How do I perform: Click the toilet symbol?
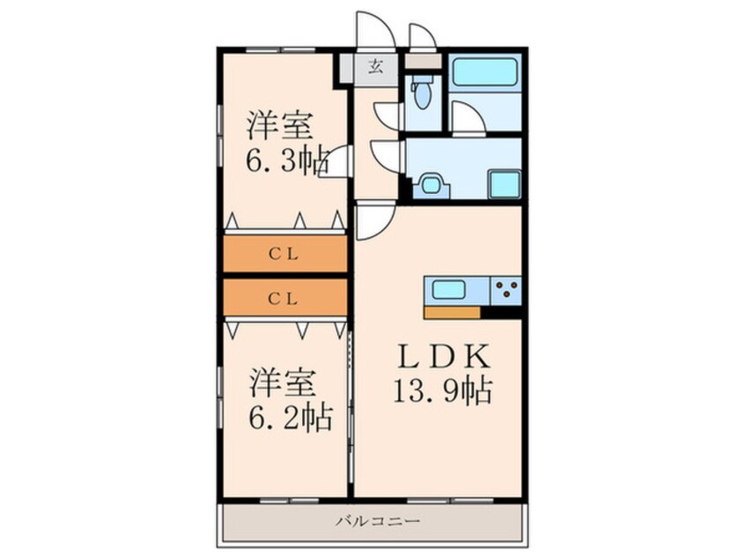(423, 91)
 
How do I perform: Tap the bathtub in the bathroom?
(485, 72)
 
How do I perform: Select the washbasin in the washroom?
(432, 185)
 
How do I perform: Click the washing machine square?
(505, 184)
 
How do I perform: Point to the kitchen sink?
(451, 288)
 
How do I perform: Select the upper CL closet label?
(284, 255)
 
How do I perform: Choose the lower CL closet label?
(284, 299)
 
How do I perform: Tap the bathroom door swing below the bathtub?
(467, 118)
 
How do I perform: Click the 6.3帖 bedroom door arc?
(337, 162)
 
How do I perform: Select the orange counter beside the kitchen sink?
(452, 312)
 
